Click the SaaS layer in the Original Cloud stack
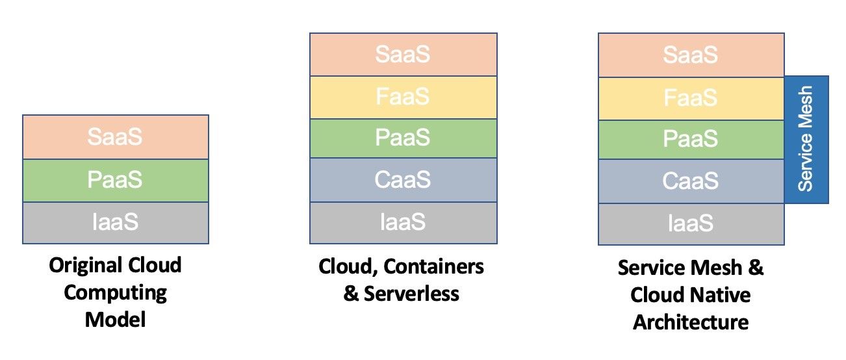click(115, 137)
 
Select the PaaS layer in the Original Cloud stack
click(115, 180)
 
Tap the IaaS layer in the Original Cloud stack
click(115, 223)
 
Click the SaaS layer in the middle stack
click(403, 55)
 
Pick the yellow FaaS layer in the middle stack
click(403, 97)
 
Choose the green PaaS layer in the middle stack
click(403, 138)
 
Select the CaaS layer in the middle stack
click(403, 180)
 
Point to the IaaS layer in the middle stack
click(403, 223)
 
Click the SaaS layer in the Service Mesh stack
click(691, 55)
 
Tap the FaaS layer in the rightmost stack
click(691, 98)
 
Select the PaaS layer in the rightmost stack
click(691, 139)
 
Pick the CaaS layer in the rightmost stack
click(691, 181)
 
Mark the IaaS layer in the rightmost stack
click(691, 224)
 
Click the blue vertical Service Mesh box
click(806, 139)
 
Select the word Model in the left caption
click(115, 320)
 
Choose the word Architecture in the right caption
click(691, 322)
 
